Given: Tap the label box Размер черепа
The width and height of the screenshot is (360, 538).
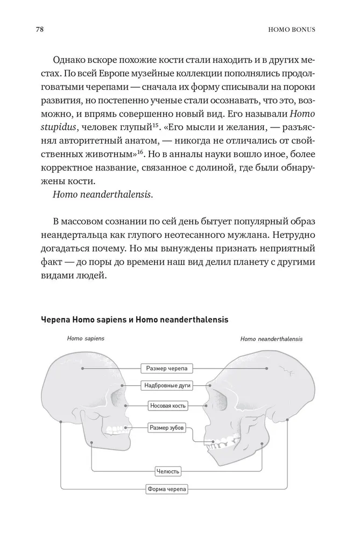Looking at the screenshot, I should point(166,369).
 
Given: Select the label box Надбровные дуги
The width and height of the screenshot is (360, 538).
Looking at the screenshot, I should point(167,386).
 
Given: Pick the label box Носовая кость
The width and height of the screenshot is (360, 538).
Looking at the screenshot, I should point(166,405).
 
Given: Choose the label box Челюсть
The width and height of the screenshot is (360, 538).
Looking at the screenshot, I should point(167,471).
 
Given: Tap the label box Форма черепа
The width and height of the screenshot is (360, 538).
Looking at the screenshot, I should point(167,490).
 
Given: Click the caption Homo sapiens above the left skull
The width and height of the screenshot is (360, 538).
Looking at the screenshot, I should point(86,339).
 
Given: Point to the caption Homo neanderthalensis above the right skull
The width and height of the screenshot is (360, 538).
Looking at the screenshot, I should point(271,339).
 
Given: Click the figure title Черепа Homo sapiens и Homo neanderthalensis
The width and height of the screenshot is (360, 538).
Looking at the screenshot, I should point(135,320).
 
